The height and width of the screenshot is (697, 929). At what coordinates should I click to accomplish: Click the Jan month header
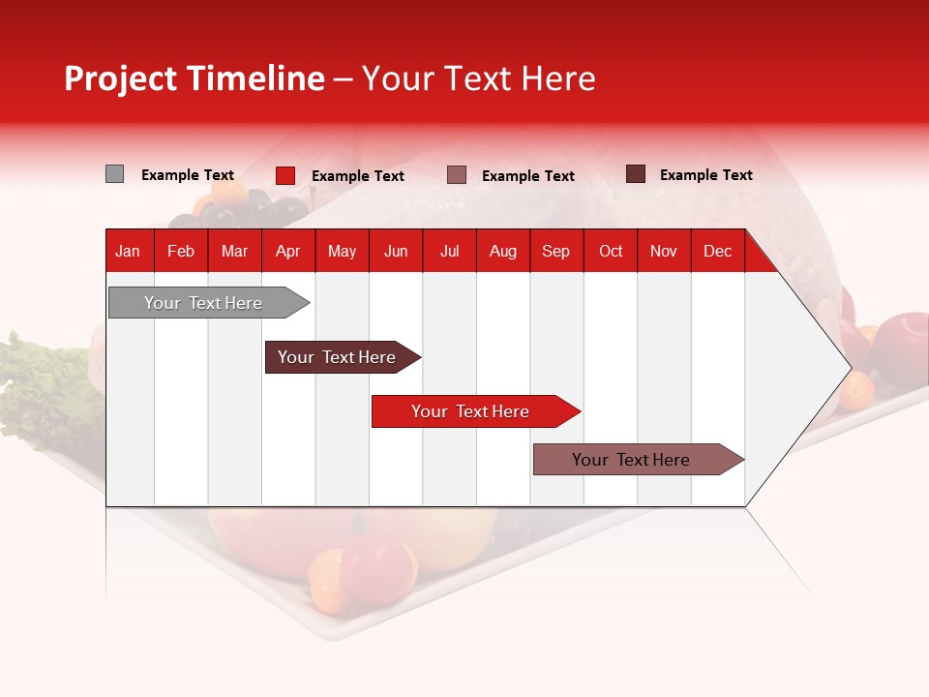click(x=128, y=251)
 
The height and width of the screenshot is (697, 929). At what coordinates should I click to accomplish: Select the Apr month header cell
click(x=288, y=251)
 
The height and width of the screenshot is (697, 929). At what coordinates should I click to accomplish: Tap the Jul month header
click(x=449, y=251)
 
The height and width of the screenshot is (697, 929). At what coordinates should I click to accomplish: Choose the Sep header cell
click(x=555, y=251)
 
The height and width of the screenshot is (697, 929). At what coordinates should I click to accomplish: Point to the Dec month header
click(x=717, y=251)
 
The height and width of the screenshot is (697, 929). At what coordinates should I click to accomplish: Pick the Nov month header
click(x=664, y=251)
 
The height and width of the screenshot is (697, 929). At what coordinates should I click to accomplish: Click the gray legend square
click(x=114, y=174)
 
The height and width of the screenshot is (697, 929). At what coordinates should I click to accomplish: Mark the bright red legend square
click(x=285, y=175)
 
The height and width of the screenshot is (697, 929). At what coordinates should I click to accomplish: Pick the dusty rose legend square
click(x=457, y=175)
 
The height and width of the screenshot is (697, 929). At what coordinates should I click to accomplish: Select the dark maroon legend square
click(x=636, y=174)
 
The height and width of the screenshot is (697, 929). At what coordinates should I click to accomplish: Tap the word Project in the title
click(x=121, y=78)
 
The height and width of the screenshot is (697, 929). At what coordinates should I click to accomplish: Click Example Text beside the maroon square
click(x=705, y=174)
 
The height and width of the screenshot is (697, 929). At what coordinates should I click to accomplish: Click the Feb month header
click(x=181, y=251)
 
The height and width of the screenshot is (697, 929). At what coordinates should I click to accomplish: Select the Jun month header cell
click(x=396, y=251)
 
